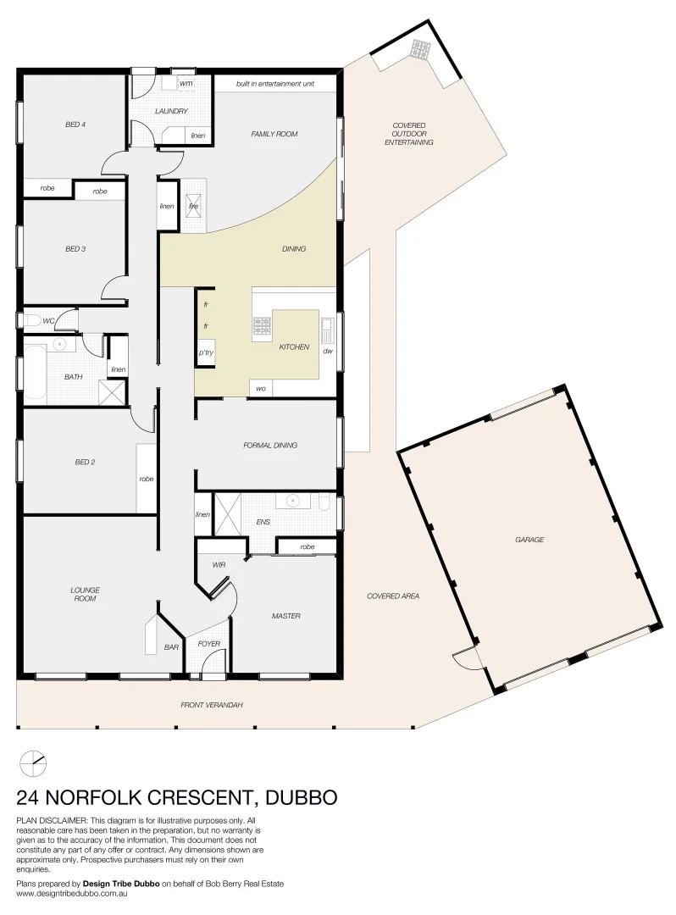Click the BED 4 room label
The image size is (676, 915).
[75, 125]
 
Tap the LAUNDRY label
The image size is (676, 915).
[170, 111]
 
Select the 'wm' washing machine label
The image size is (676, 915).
[186, 84]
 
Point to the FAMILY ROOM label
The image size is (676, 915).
[274, 134]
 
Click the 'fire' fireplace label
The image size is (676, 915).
[193, 206]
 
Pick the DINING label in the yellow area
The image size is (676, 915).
[294, 249]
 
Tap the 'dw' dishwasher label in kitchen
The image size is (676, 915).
[327, 350]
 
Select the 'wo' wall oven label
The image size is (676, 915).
[260, 388]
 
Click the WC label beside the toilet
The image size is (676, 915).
[48, 321]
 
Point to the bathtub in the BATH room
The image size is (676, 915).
[36, 369]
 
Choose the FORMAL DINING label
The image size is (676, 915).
[269, 445]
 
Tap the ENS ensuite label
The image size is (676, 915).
[263, 523]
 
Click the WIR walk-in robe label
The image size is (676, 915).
[219, 564]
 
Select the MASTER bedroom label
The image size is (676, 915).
[285, 616]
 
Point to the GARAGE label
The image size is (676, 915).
[529, 540]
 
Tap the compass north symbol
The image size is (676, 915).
[33, 763]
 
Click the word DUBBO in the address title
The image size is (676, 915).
[302, 797]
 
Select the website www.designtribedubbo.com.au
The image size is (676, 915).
[71, 893]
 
